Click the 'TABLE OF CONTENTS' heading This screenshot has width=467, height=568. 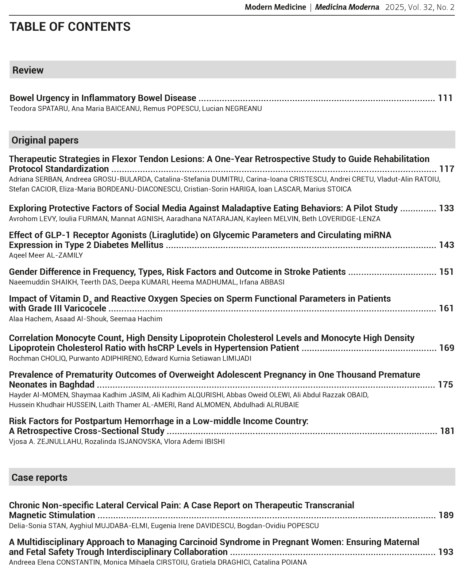(70, 27)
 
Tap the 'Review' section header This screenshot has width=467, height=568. (28, 70)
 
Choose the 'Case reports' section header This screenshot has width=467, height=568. (39, 478)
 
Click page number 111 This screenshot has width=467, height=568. (445, 98)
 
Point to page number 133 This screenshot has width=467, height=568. (446, 208)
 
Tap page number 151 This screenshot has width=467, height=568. (446, 272)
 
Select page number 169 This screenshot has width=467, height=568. (447, 348)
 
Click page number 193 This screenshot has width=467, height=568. (445, 552)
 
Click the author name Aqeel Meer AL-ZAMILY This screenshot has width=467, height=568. (46, 255)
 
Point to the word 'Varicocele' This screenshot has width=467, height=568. (85, 309)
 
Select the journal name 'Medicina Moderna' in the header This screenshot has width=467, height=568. (347, 7)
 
